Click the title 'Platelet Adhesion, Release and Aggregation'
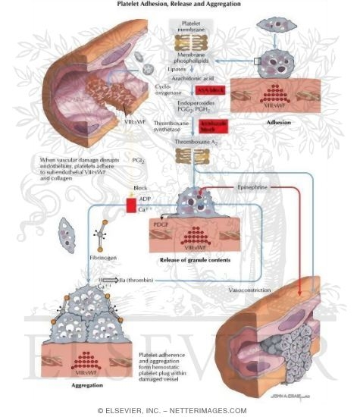click(x=179, y=5)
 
